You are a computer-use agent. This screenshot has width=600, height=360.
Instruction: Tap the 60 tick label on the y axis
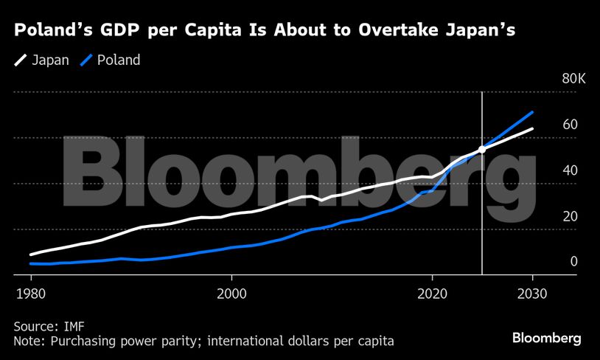point(569,125)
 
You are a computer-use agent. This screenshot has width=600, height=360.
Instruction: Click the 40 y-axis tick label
point(569,170)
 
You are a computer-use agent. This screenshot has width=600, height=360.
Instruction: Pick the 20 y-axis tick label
point(569,216)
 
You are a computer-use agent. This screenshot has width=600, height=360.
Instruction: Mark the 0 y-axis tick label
point(573,261)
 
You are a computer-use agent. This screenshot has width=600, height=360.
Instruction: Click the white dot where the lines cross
point(482,149)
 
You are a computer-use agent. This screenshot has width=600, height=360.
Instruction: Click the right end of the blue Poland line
point(532,112)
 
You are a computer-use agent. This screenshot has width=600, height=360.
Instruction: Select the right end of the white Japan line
point(532,129)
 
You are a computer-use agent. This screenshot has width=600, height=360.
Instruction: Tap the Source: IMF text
point(46,325)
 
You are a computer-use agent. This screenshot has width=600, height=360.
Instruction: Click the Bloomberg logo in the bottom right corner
point(547,338)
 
